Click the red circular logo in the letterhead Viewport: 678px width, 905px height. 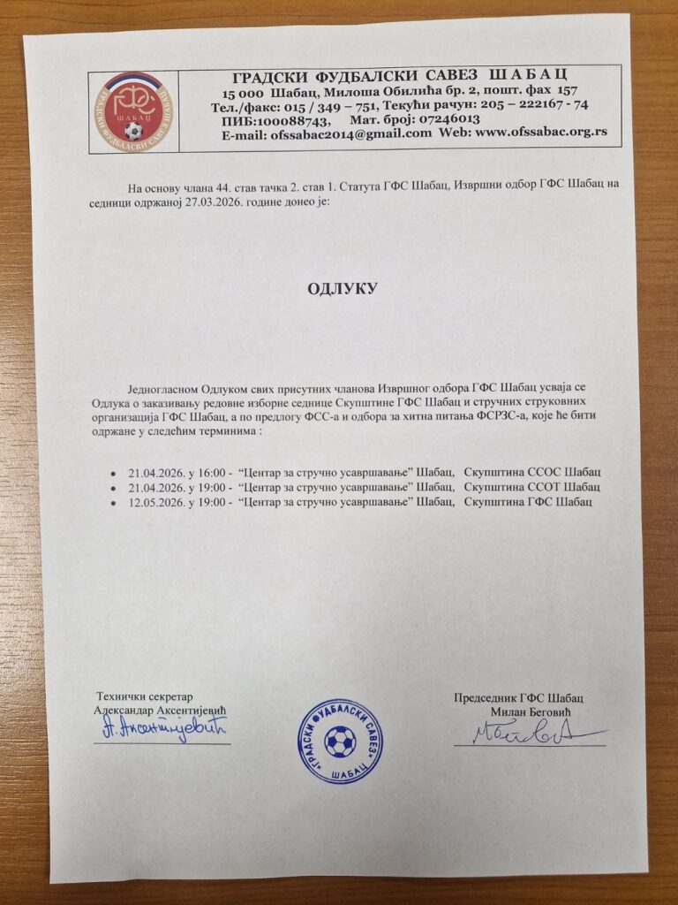(132, 111)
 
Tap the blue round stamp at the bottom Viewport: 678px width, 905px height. (339, 741)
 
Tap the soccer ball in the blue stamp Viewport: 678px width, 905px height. (340, 741)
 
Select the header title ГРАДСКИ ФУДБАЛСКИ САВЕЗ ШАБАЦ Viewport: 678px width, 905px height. (398, 74)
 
